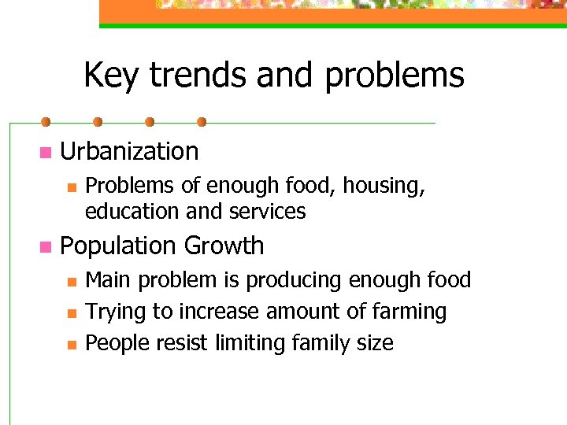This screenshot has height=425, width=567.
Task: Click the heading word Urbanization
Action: (x=129, y=151)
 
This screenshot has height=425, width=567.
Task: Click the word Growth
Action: (x=224, y=246)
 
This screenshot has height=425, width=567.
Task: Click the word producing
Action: (x=290, y=280)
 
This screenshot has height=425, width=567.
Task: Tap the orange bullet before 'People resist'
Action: (x=71, y=344)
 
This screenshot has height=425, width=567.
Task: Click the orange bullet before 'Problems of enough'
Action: (x=71, y=187)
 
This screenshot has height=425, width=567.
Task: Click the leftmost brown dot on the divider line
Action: (x=46, y=122)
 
